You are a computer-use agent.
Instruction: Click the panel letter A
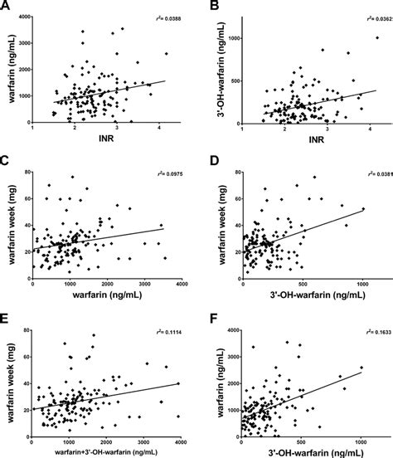coord(7,7)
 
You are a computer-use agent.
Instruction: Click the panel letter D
coord(206,163)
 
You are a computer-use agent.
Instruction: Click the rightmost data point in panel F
coord(362,368)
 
